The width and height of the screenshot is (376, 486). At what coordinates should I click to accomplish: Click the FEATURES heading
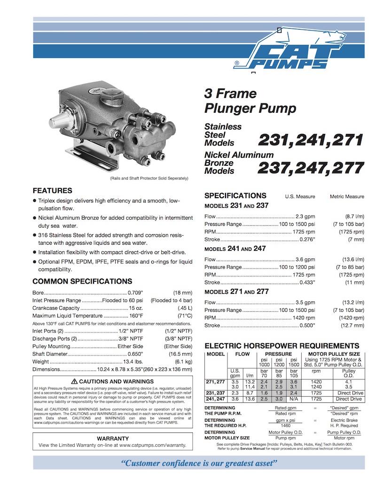(x=52, y=191)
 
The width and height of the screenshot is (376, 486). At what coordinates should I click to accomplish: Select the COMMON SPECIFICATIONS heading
(x=82, y=281)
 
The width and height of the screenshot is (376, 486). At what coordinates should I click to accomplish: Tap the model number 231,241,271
(x=311, y=139)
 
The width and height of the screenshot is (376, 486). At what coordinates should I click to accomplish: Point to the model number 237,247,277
(x=311, y=168)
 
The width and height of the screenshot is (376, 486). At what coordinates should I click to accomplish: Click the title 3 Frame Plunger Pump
(x=250, y=101)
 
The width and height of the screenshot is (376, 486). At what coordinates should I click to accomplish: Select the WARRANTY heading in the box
(x=112, y=438)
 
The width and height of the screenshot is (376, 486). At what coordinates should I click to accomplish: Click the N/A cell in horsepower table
(x=294, y=399)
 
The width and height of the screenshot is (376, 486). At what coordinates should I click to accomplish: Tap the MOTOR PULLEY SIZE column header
(x=334, y=354)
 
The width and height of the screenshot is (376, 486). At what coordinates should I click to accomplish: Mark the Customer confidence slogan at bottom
(x=198, y=463)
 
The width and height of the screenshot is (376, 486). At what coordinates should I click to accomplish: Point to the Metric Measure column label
(x=347, y=196)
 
